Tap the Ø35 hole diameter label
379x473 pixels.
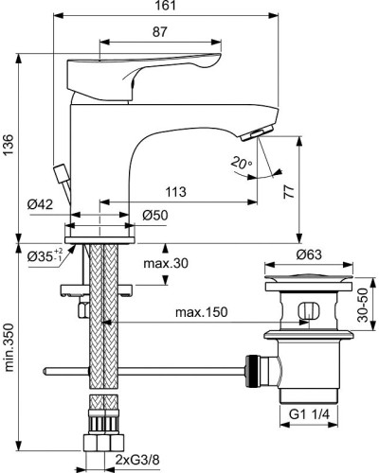tap(41, 255)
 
